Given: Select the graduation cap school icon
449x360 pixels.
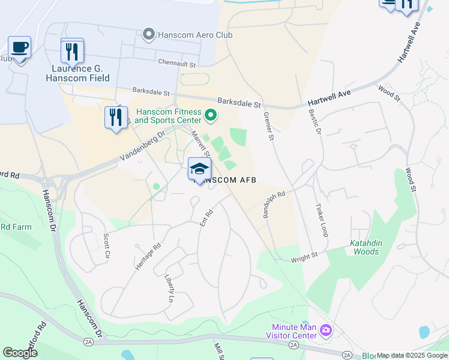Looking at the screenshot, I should tap(199, 169).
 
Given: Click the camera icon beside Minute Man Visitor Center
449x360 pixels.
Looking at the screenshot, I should tap(326, 329).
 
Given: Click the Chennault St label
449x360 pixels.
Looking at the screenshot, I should tap(177, 62).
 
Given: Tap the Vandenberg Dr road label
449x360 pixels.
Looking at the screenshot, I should tap(142, 146).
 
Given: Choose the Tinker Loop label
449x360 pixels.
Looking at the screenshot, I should tap(321, 220).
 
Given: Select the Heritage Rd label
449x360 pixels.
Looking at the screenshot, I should tap(148, 254).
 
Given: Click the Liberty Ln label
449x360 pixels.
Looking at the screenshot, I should tap(170, 289).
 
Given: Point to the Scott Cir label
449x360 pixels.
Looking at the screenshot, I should tap(107, 246).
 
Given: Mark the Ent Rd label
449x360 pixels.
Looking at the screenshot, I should tap(206, 217).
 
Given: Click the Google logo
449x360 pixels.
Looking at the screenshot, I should tap(20, 352).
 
